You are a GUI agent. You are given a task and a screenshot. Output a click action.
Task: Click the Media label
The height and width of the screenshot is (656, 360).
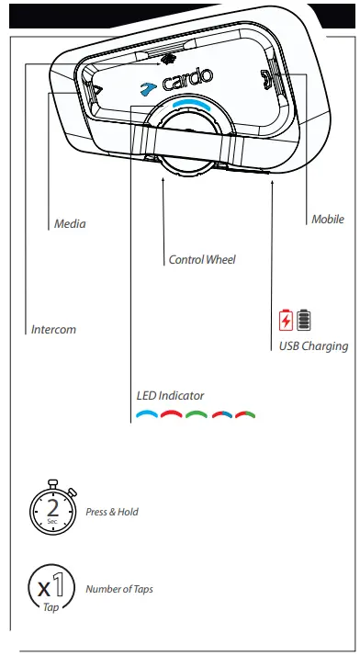[70, 223]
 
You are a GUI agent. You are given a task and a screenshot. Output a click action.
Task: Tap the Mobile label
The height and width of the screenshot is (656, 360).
[328, 220]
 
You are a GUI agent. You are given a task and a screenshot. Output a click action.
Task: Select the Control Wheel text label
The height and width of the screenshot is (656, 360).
[202, 260]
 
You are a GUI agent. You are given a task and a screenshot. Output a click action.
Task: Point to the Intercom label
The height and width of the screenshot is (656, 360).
[53, 330]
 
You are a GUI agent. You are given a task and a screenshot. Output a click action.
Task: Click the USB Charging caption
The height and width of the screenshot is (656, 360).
[313, 346]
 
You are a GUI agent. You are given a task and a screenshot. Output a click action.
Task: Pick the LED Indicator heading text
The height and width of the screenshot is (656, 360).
[171, 396]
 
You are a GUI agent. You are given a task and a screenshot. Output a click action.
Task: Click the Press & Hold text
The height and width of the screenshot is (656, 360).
[112, 512]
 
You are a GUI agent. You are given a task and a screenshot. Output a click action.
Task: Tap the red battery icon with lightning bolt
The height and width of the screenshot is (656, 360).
[286, 321]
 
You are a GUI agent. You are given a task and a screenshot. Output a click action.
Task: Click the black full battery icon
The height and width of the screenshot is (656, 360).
[303, 321]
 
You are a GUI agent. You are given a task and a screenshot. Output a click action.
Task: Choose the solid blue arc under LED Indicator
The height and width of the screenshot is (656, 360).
[147, 415]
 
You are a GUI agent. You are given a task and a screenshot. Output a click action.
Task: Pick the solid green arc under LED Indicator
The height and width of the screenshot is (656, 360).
[196, 415]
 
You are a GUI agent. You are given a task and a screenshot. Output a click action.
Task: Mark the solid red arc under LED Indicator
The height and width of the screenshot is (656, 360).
[172, 415]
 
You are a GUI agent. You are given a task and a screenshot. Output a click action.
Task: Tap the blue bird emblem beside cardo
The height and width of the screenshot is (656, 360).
[146, 88]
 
